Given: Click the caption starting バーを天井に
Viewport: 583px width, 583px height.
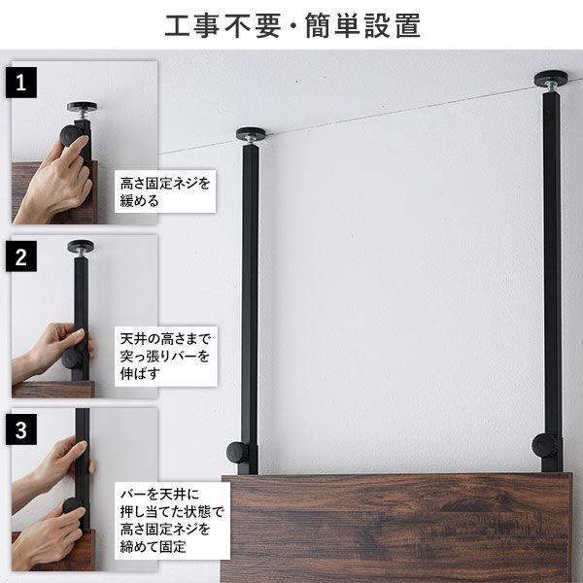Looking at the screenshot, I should coord(170,519).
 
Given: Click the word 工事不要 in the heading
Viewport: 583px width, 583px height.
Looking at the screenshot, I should coord(216,25).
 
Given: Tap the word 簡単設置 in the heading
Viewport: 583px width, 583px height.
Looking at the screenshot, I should coord(371,25).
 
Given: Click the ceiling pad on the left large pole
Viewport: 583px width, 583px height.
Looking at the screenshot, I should coord(251,133).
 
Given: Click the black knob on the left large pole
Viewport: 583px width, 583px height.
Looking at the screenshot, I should coord(238,452).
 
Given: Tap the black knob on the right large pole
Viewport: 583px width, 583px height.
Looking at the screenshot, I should coord(545,447).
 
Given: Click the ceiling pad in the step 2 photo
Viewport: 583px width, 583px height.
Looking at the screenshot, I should coord(81,246).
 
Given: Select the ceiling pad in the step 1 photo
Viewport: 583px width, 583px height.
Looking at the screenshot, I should coord(82,107).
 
